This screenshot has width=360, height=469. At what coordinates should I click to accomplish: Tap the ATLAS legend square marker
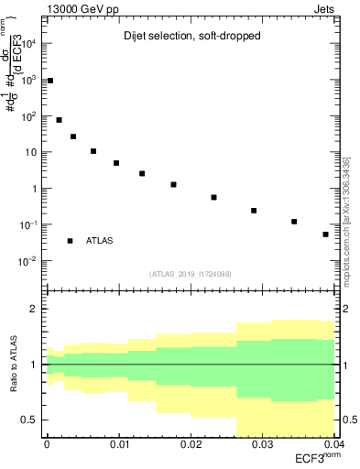click(x=71, y=241)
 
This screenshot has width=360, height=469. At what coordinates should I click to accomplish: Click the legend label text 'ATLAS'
click(x=100, y=241)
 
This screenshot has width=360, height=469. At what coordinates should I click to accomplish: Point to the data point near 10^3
click(x=50, y=81)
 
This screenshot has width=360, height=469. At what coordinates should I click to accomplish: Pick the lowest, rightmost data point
click(x=325, y=234)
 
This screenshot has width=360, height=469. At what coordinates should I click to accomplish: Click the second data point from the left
click(x=60, y=120)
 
